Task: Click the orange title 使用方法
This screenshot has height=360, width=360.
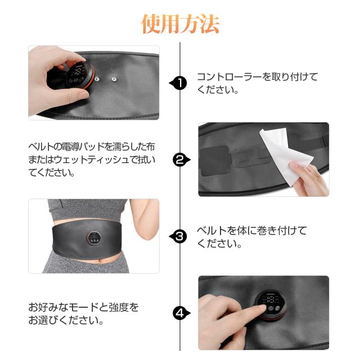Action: [x=180, y=24]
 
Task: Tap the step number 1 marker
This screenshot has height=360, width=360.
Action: [x=179, y=83]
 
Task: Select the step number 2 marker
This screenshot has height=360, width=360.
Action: [x=181, y=160]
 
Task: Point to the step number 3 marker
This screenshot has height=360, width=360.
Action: [x=179, y=236]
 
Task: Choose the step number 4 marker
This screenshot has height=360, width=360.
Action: [x=181, y=313]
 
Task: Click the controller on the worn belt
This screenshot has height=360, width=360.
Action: [x=94, y=238]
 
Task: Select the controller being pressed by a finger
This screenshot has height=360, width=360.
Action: [x=271, y=305]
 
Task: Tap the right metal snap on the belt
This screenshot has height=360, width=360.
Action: [x=114, y=79]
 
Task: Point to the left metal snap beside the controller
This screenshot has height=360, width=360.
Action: [x=97, y=79]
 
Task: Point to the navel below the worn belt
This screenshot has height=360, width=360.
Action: [x=100, y=260]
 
